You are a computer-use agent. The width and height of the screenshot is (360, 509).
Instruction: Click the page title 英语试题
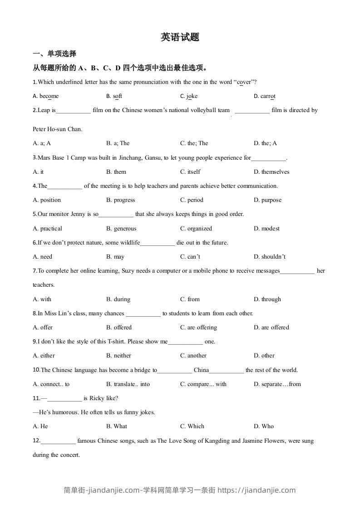(x=180, y=37)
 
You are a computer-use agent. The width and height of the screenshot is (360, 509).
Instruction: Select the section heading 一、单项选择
(x=54, y=54)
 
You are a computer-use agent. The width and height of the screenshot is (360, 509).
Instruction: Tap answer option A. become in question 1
(x=46, y=96)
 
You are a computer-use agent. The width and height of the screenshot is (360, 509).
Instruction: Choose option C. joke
(x=189, y=96)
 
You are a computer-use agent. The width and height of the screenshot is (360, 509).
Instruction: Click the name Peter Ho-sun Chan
(x=58, y=129)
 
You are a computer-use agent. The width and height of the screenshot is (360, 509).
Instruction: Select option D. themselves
(x=271, y=172)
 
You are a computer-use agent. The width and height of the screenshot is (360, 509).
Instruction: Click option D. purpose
(x=268, y=200)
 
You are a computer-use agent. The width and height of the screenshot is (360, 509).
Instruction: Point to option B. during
(x=118, y=299)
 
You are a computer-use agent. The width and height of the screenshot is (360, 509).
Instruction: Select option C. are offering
(x=198, y=328)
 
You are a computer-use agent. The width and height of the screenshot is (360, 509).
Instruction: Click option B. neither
(x=118, y=356)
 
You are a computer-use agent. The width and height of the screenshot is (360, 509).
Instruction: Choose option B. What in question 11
(x=117, y=426)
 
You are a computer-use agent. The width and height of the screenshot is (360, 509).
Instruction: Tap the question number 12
(x=36, y=440)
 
